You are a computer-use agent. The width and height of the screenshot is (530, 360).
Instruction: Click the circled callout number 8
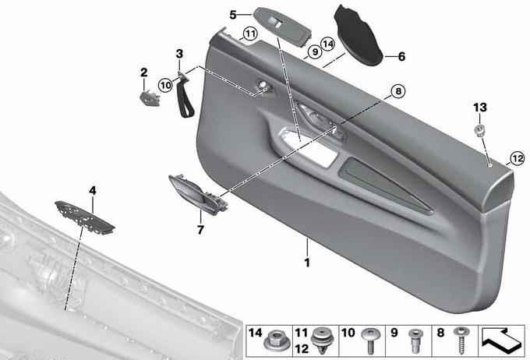pos(397,91)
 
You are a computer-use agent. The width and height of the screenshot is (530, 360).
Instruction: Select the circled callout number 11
pos(250,34)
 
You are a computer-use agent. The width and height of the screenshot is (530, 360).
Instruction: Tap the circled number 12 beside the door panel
pos(518,158)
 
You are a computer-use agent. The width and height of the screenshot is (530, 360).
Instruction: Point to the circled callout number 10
pos(165,85)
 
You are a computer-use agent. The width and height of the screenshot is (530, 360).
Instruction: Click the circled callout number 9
pos(315,51)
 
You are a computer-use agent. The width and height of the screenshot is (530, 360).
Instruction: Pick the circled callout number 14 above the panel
pos(327,44)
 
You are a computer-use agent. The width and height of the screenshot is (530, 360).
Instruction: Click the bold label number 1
pos(307,263)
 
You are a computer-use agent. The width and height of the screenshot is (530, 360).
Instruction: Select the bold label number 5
pos(233,15)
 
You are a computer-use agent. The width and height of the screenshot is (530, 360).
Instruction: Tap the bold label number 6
pos(401,56)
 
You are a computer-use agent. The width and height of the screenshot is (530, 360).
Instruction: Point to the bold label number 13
pos(480,108)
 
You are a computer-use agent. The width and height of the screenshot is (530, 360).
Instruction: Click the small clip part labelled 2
pos(150,98)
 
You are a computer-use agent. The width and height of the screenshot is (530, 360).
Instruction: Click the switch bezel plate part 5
pos(283,26)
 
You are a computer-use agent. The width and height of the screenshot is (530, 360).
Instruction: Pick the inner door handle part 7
pos(198,194)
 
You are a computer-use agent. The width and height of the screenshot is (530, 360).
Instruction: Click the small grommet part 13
pos(479,131)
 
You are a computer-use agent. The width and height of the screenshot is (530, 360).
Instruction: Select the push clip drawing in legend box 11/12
pos(322,341)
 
